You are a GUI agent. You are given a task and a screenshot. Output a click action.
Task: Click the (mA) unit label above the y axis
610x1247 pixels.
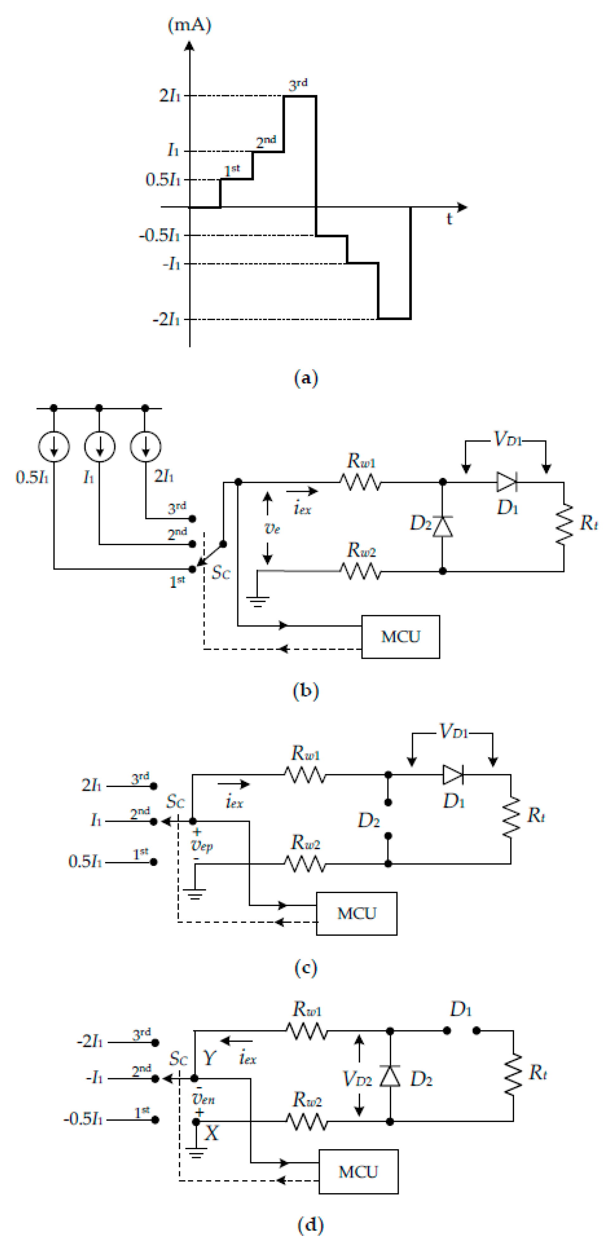(189, 25)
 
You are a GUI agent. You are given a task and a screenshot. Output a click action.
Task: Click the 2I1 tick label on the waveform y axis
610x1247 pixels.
(170, 95)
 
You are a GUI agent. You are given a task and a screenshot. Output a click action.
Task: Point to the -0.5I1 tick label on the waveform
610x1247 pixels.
(159, 236)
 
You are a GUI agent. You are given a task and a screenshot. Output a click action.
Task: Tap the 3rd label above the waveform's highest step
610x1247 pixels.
(298, 84)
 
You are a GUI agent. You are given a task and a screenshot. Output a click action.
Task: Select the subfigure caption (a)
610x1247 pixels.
(306, 378)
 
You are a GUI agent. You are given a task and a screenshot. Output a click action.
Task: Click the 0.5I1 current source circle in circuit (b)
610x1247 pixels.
(54, 446)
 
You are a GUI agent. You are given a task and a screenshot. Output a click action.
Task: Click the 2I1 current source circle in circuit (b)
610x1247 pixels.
(145, 446)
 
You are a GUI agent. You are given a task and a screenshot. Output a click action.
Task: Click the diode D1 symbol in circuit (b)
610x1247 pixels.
(506, 482)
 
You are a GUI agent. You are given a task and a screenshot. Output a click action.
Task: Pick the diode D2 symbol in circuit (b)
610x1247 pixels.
(442, 526)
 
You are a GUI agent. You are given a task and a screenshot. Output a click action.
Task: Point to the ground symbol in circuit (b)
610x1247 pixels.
(257, 602)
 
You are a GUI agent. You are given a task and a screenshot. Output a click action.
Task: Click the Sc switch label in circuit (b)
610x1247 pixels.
(221, 573)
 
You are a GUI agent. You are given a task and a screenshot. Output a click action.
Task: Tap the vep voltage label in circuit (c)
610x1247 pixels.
(202, 845)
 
